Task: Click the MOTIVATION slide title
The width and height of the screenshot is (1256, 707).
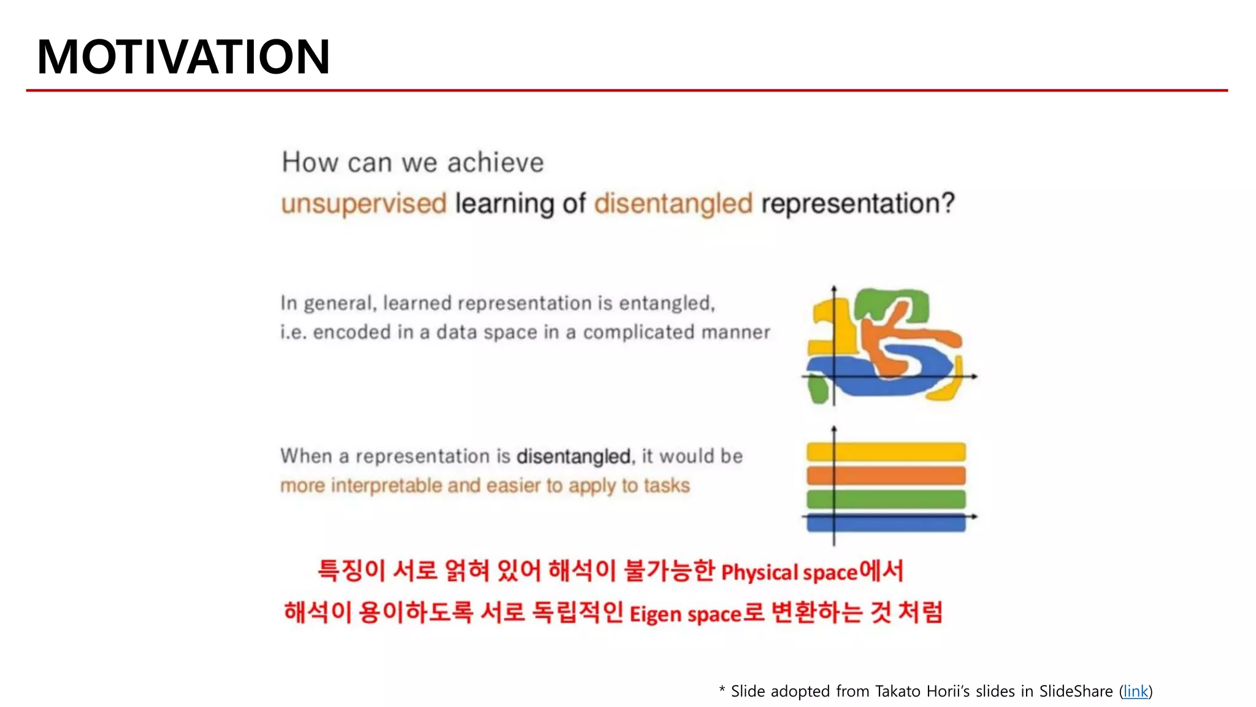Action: pos(183,57)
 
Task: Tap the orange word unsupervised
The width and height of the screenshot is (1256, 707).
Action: pos(364,204)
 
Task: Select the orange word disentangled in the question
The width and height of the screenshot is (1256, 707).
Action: pos(673,204)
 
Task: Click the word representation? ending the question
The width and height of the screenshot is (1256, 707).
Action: pos(858,204)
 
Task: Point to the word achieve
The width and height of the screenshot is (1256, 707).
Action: pos(495,163)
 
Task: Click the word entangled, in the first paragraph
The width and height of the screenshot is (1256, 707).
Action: pos(667,303)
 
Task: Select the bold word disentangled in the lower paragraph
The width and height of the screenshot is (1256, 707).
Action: pos(573,457)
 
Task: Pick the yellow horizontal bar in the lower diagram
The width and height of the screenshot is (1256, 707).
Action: pos(886,452)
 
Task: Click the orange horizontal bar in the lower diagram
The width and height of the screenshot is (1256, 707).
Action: pos(886,475)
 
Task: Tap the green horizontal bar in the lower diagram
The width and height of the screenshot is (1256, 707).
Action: pos(886,499)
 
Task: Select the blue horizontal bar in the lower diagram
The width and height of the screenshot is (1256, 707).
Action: pos(886,523)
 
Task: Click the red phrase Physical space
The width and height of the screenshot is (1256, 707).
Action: pos(789,573)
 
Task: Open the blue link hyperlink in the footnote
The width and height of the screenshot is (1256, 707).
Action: pos(1135,692)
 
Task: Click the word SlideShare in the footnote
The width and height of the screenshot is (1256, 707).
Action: pos(1076,692)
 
